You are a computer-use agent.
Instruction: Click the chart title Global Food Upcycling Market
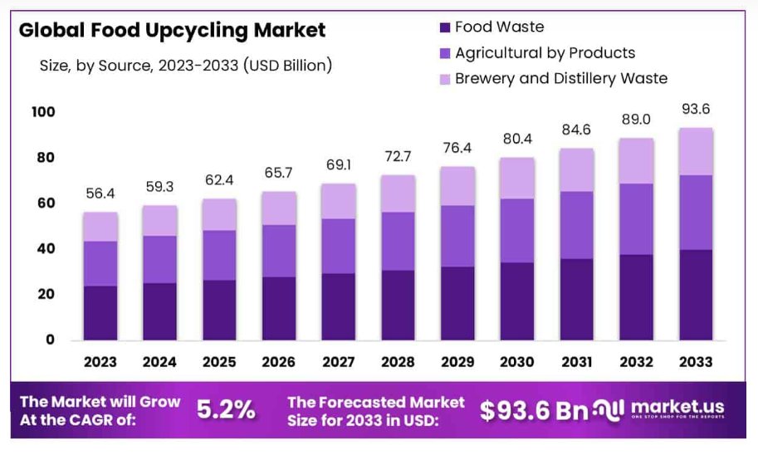[x=172, y=31]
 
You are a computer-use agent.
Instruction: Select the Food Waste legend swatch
[x=443, y=28]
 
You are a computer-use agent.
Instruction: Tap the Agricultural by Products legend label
[x=545, y=53]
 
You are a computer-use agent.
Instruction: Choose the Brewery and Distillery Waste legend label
[x=561, y=79]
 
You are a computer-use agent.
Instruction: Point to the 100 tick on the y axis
[x=43, y=112]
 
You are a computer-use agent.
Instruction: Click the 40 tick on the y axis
[x=46, y=248]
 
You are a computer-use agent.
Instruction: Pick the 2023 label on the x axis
[x=100, y=362]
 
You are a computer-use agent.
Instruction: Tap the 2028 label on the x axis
[x=398, y=362]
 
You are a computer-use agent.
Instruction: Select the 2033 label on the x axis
[x=696, y=362]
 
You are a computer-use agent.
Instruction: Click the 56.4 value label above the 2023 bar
[x=100, y=193]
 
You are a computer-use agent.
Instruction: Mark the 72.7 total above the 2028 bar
[x=398, y=156]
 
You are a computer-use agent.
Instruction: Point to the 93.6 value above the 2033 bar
[x=696, y=109]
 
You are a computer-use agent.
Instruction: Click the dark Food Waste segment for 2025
[x=219, y=310]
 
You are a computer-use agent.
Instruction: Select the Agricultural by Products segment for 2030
[x=516, y=231]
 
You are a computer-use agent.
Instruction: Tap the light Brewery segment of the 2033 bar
[x=696, y=151]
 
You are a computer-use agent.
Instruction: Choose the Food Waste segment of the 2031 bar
[x=576, y=299]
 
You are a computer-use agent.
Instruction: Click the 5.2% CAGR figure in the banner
[x=226, y=409]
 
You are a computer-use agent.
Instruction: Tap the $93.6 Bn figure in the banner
[x=534, y=409]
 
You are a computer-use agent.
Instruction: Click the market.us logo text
[x=677, y=407]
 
